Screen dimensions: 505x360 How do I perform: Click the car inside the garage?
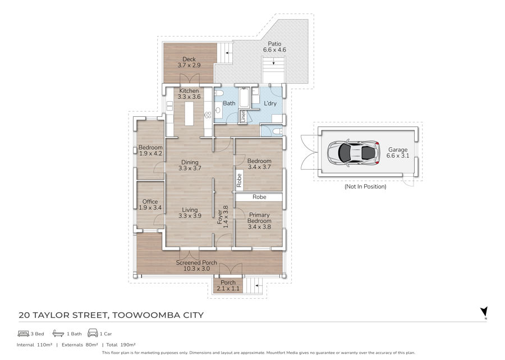click(x=353, y=152)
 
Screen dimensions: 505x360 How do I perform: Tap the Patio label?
click(x=274, y=43)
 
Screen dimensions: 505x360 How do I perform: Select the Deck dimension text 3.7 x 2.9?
click(x=189, y=65)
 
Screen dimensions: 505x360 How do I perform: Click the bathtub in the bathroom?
click(x=244, y=98)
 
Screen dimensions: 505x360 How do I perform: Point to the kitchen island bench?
click(x=189, y=113)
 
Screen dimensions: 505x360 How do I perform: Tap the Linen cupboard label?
click(x=244, y=116)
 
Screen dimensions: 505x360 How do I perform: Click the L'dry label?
click(x=270, y=103)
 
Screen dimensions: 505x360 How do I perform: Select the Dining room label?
click(x=190, y=162)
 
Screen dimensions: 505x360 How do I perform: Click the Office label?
click(x=150, y=202)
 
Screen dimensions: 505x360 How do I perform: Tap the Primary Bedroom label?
click(x=259, y=217)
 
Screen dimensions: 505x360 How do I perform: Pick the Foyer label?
click(x=220, y=217)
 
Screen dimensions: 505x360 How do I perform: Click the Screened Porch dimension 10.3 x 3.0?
click(x=196, y=268)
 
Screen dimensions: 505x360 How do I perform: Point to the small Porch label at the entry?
click(x=228, y=282)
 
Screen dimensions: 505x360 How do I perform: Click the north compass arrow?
click(x=484, y=312)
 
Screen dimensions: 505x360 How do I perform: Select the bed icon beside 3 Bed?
click(x=24, y=333)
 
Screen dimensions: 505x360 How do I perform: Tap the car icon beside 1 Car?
click(x=93, y=333)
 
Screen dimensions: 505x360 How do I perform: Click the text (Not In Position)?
click(x=365, y=186)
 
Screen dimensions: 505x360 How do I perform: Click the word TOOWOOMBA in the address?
click(x=145, y=315)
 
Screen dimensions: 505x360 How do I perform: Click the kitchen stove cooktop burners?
click(x=208, y=115)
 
